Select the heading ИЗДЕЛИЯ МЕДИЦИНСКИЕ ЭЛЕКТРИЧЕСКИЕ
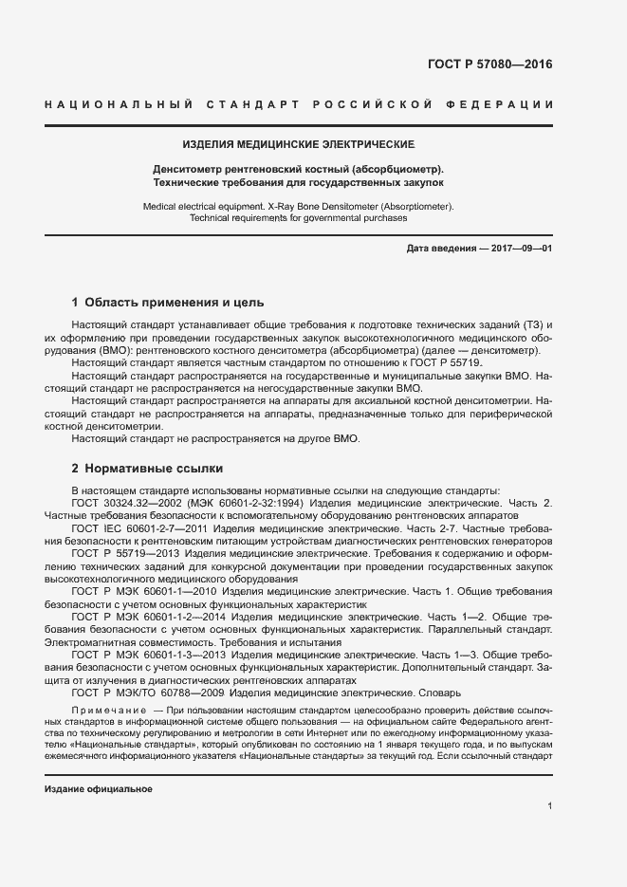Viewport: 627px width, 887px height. click(299, 144)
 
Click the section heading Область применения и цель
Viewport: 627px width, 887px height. click(160, 303)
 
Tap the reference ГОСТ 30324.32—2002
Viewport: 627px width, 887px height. click(121, 502)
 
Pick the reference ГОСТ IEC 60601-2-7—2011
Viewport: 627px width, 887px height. click(134, 527)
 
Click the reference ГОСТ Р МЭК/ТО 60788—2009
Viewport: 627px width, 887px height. click(143, 693)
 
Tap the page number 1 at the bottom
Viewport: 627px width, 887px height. click(550, 806)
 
